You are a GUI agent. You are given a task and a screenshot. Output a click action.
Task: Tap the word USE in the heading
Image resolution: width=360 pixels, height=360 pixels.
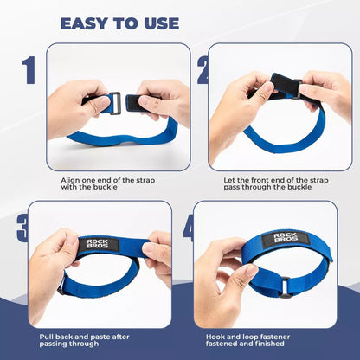tap(162, 23)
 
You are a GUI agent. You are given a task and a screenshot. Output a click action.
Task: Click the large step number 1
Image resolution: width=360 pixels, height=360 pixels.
tap(29, 70)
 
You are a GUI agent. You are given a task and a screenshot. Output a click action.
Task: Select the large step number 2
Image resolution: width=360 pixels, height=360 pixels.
tap(202, 70)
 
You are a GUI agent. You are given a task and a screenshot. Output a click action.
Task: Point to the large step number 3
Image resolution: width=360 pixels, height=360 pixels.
tap(22, 228)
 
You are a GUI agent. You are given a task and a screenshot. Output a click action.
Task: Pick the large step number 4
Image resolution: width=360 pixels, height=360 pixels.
tap(189, 228)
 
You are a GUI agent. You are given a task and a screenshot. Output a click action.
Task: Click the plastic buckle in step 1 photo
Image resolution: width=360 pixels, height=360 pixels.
tap(115, 103)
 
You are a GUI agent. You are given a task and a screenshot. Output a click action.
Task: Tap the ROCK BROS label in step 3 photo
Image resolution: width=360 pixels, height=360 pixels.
tap(98, 244)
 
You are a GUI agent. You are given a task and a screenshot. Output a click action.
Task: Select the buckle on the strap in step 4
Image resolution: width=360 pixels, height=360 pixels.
tap(284, 287)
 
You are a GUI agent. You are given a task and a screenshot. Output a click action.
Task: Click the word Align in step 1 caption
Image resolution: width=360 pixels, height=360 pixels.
tap(70, 181)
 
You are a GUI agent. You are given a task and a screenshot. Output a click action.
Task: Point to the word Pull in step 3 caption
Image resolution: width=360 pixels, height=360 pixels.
tap(47, 337)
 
